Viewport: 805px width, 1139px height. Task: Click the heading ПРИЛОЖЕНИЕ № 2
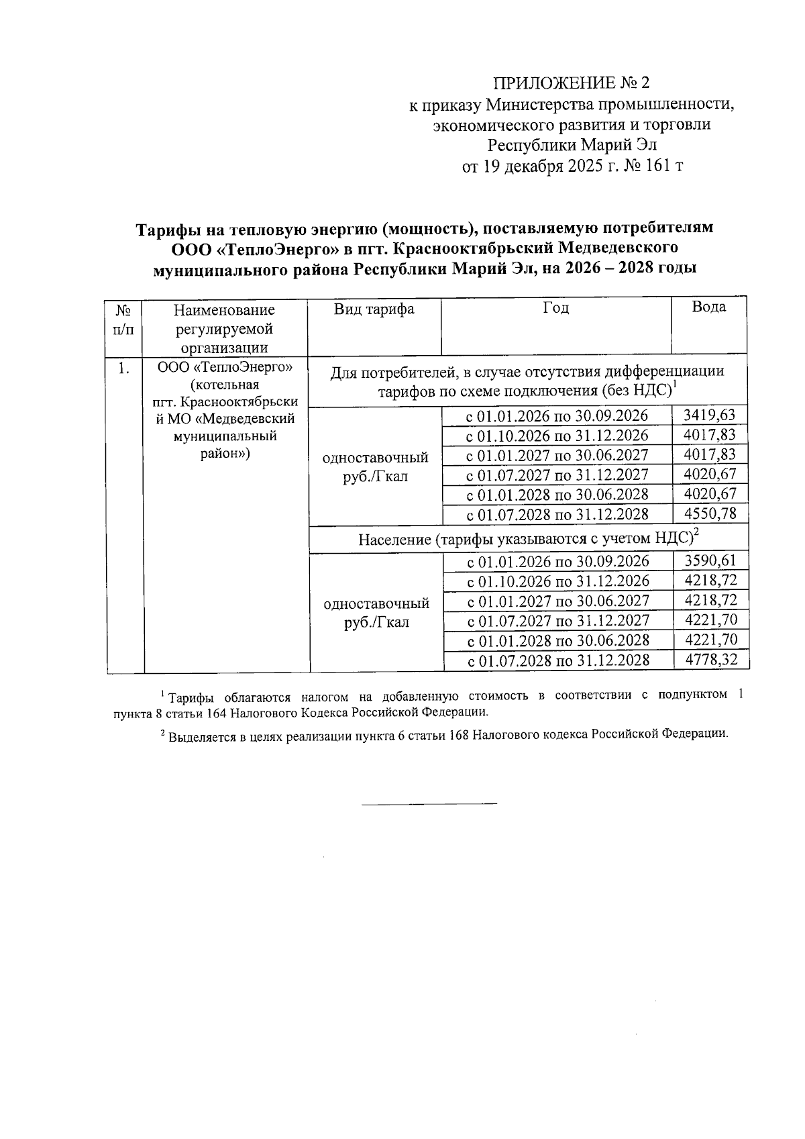[572, 83]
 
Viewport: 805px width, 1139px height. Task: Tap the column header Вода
[708, 307]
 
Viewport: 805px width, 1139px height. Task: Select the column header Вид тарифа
[374, 309]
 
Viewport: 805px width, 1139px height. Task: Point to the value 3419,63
[709, 415]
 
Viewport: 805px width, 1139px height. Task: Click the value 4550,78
[709, 514]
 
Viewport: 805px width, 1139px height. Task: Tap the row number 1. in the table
[124, 368]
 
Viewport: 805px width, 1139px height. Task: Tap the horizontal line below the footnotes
[429, 803]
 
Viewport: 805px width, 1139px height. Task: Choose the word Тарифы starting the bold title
[167, 228]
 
